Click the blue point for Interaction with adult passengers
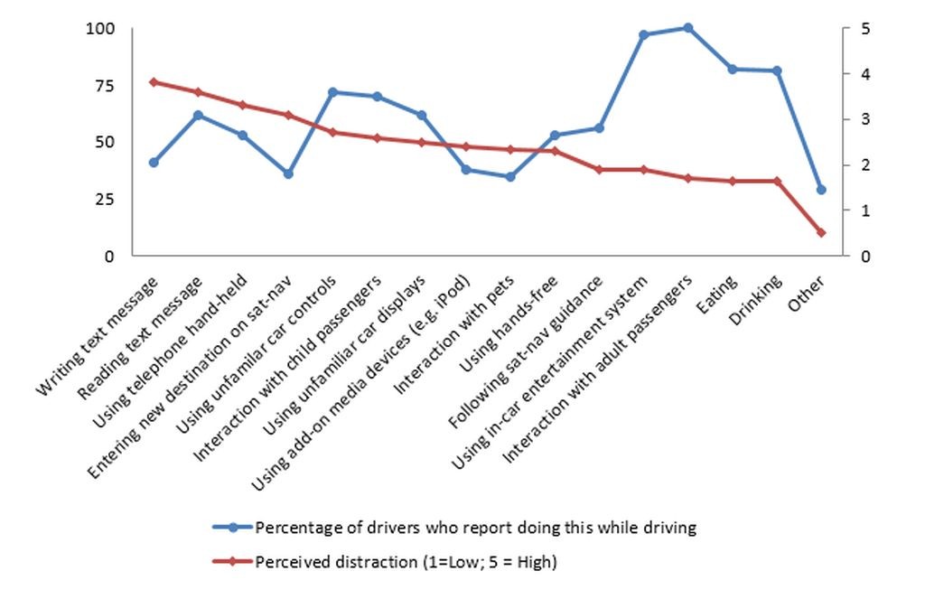pyautogui.click(x=688, y=28)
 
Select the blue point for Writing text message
pyautogui.click(x=154, y=163)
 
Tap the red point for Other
pyautogui.click(x=821, y=232)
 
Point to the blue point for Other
pyautogui.click(x=821, y=190)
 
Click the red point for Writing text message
pyautogui.click(x=154, y=82)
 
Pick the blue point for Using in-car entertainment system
pyautogui.click(x=644, y=35)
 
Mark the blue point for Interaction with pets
pyautogui.click(x=510, y=177)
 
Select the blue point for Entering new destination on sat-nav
pyautogui.click(x=287, y=173)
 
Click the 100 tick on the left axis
pyautogui.click(x=100, y=29)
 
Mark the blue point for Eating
pyautogui.click(x=733, y=69)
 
